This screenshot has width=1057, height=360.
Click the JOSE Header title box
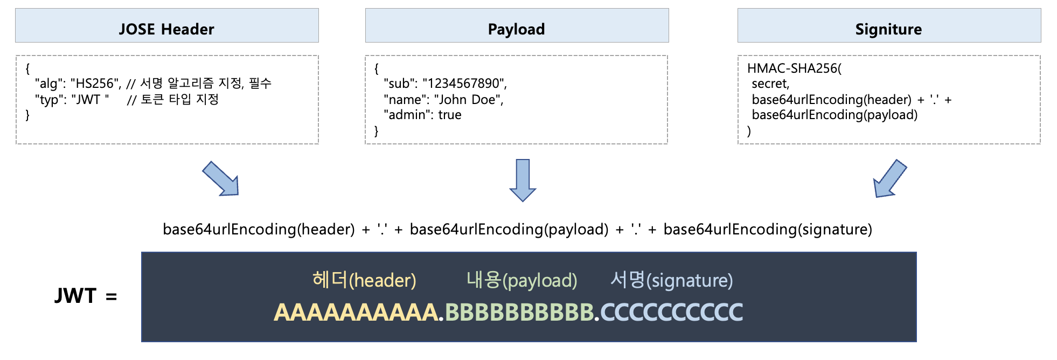pyautogui.click(x=167, y=25)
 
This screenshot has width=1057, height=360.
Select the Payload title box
pyautogui.click(x=517, y=25)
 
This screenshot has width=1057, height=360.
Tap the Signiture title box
pyautogui.click(x=889, y=25)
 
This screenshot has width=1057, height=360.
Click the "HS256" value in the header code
pyautogui.click(x=95, y=84)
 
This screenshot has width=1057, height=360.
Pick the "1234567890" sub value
pyautogui.click(x=463, y=84)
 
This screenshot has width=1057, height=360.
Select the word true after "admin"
pyautogui.click(x=450, y=115)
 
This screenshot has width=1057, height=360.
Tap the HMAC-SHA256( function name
pyautogui.click(x=794, y=68)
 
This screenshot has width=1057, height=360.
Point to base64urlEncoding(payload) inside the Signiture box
pyautogui.click(x=835, y=115)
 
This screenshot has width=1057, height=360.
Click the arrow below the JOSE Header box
pyautogui.click(x=221, y=179)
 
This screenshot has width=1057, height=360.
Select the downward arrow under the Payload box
pyautogui.click(x=523, y=180)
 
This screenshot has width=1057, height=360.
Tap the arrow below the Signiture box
pyautogui.click(x=889, y=179)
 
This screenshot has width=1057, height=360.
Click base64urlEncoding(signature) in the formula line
pyautogui.click(x=768, y=230)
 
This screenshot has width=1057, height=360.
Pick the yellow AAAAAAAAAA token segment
pyautogui.click(x=356, y=313)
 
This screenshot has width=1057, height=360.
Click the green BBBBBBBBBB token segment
pyautogui.click(x=519, y=313)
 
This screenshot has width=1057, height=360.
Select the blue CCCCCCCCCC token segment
pyautogui.click(x=672, y=313)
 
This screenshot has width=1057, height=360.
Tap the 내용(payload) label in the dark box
pyautogui.click(x=522, y=280)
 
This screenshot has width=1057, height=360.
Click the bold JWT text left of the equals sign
pyautogui.click(x=75, y=296)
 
